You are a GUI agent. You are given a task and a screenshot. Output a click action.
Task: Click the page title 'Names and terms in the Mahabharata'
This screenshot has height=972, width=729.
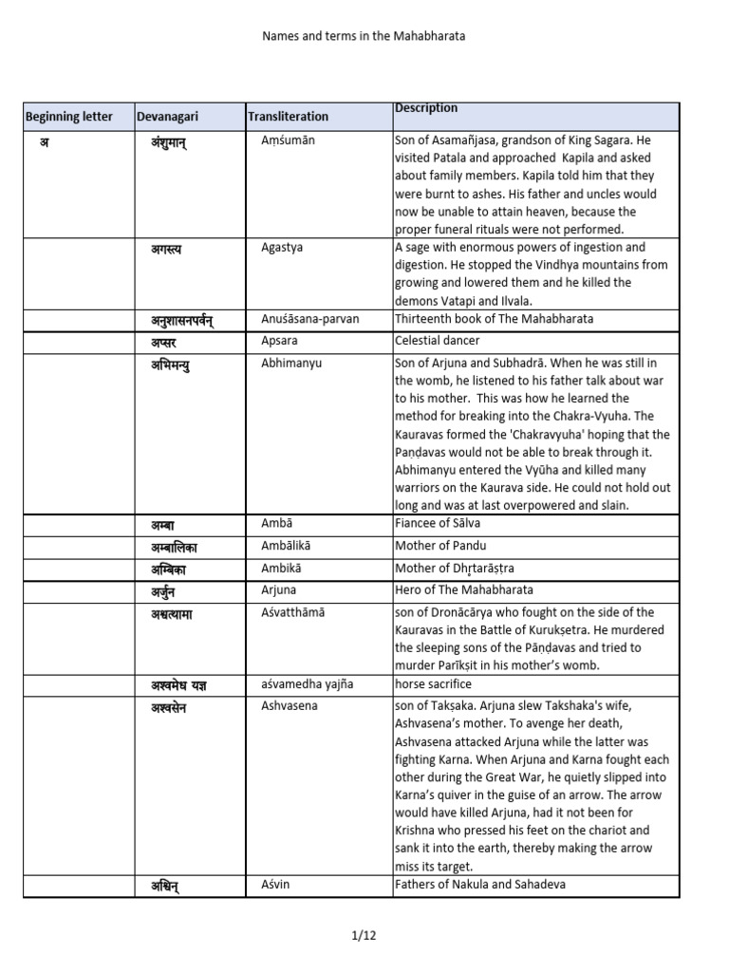[x=364, y=36]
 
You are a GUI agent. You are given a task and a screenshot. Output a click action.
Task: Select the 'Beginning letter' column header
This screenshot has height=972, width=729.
[x=68, y=117]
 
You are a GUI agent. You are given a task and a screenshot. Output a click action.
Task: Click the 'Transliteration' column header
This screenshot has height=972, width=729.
[x=288, y=117]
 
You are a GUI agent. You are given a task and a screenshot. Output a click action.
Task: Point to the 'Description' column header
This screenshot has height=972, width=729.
[x=426, y=108]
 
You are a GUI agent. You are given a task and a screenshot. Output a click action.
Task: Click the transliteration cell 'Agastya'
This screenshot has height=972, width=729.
[x=282, y=248]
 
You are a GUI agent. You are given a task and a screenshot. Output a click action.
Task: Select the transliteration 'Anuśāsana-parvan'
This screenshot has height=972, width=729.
[x=309, y=319]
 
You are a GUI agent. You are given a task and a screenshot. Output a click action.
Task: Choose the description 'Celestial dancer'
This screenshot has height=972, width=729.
[x=437, y=340]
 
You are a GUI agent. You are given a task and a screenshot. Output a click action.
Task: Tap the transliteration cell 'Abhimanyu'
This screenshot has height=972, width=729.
[x=290, y=362]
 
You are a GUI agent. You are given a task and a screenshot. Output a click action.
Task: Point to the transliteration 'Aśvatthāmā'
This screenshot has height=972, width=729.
[x=292, y=612]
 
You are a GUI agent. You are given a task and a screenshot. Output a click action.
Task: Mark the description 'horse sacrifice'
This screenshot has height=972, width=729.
[x=433, y=683]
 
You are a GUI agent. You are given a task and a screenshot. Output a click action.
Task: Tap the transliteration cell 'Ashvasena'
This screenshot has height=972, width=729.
[x=290, y=706]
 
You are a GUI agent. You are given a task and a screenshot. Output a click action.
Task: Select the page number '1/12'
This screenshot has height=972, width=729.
[x=364, y=935]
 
